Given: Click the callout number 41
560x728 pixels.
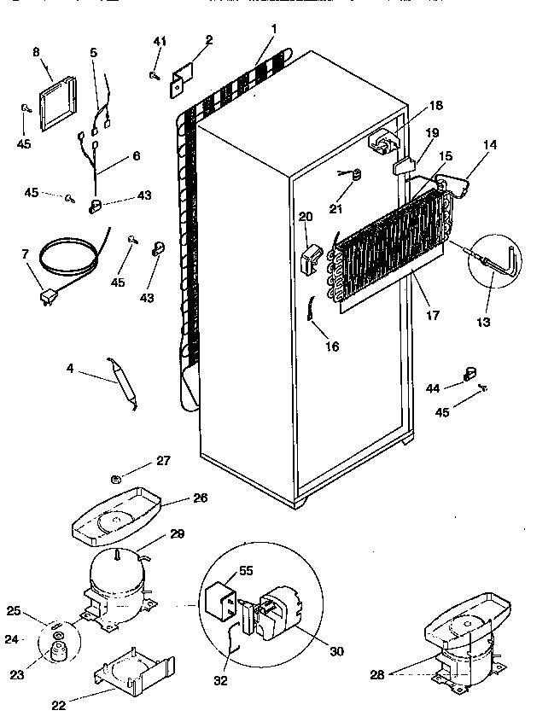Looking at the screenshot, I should [160, 42].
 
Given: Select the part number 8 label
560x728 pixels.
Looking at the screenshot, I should [36, 52].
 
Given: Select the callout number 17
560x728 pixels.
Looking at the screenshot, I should [432, 315].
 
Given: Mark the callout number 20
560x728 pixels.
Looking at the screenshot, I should [306, 217].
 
